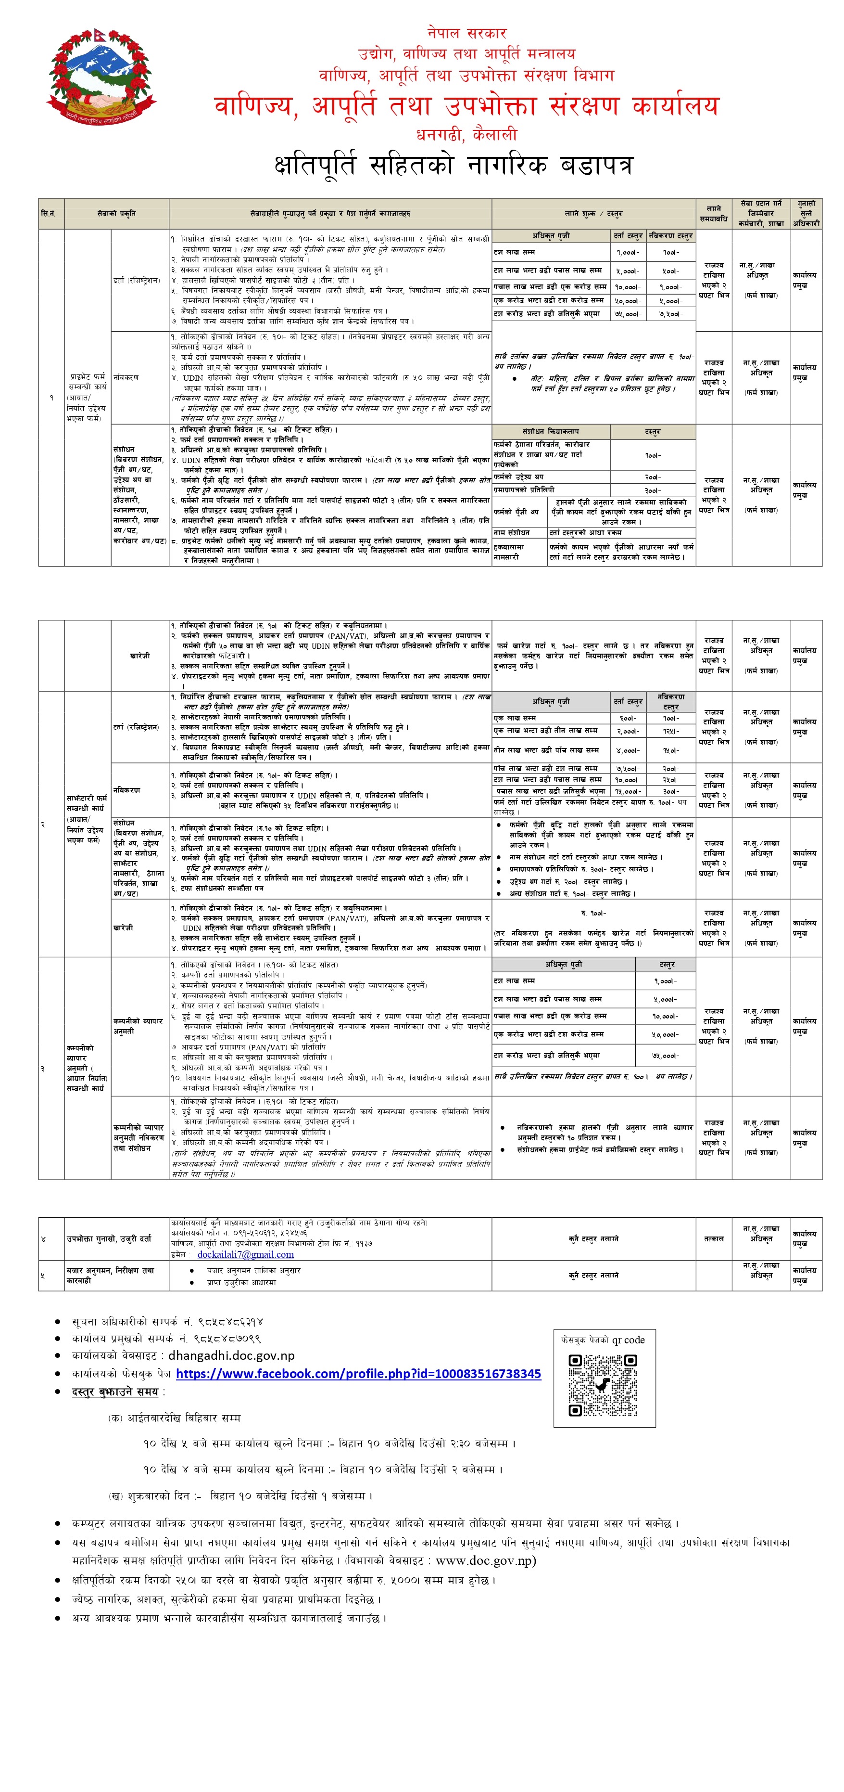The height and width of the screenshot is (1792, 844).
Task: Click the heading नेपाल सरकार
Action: coord(466,33)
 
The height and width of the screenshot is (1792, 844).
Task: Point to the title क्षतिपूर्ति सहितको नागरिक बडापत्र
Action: coord(453,166)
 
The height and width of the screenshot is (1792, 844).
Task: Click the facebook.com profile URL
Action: coord(358,1373)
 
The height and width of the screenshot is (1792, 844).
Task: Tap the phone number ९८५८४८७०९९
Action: coord(227,1338)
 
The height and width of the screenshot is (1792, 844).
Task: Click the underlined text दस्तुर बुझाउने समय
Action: coord(115,1392)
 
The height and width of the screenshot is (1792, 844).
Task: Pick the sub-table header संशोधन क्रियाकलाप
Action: coord(551,431)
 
